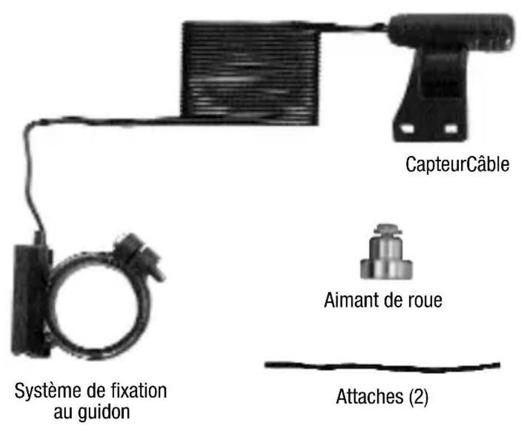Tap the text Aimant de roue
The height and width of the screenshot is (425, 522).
coord(383,301)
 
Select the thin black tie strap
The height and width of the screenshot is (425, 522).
coord(382,367)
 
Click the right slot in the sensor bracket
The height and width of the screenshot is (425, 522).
coord(451,129)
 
